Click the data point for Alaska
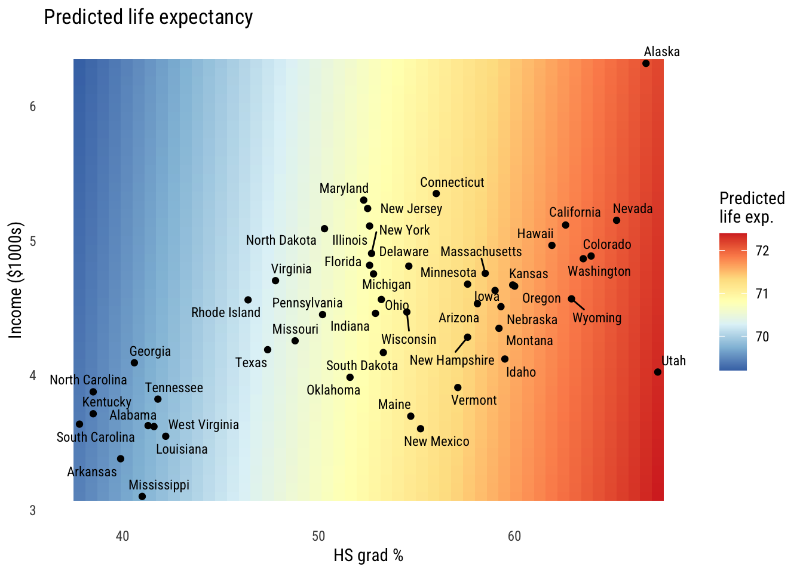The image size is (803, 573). [646, 63]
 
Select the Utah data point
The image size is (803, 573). [658, 372]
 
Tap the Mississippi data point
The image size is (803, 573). [142, 497]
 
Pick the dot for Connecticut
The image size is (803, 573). [436, 193]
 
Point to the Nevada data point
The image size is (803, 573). [617, 220]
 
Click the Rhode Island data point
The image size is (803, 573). [248, 300]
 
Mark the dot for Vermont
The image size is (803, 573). [458, 387]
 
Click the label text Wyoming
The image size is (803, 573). [597, 318]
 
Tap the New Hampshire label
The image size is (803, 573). [452, 361]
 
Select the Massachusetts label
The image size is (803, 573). [481, 252]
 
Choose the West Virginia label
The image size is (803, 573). [203, 425]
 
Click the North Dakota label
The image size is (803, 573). [281, 241]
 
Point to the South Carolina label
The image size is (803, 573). [96, 438]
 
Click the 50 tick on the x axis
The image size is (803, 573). [318, 536]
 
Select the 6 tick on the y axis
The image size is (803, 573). [33, 107]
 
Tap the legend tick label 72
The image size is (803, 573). [762, 251]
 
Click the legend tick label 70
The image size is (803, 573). [762, 337]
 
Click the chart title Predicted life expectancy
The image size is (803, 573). [148, 17]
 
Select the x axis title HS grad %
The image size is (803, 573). [368, 556]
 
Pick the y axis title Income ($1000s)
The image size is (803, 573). [16, 281]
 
